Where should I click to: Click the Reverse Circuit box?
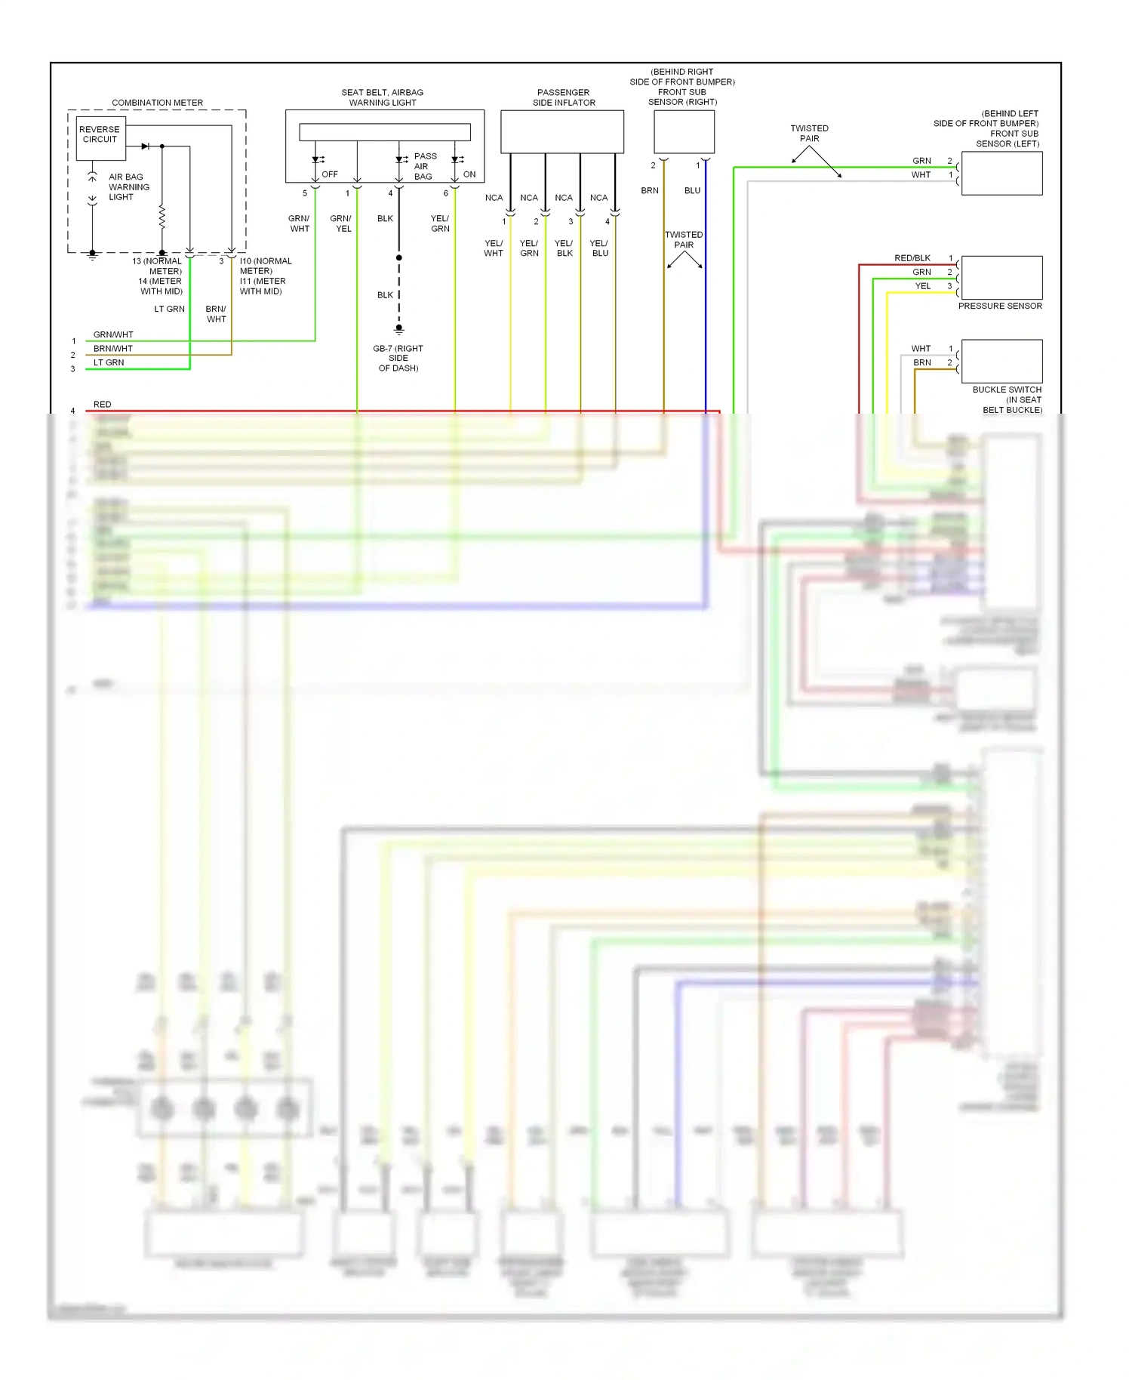[100, 138]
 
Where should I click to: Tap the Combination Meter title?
[157, 103]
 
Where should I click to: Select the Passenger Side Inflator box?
[562, 132]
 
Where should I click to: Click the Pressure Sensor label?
[1000, 306]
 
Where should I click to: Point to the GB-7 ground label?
[398, 358]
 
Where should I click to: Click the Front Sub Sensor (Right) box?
[684, 132]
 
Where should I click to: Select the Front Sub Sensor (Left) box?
[1001, 174]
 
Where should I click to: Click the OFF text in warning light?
[330, 174]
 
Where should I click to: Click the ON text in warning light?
[469, 174]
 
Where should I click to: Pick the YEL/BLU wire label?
[599, 248]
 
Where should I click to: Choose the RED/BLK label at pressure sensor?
[912, 258]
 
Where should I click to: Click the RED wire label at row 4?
[102, 405]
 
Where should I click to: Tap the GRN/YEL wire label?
[341, 223]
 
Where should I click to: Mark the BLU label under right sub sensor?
[692, 191]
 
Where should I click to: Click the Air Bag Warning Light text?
[128, 187]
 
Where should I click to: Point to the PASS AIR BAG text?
[424, 166]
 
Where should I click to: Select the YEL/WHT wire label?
[494, 248]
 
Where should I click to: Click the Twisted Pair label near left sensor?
[809, 134]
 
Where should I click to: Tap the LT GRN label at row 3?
[109, 362]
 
